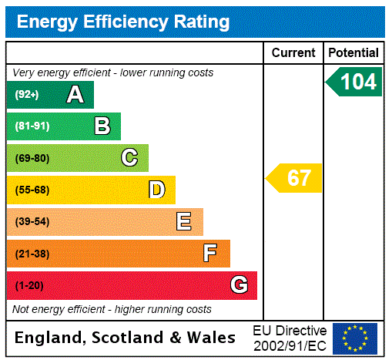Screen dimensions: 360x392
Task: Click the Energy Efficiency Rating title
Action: [x=123, y=22]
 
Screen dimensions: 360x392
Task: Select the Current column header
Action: [x=293, y=53]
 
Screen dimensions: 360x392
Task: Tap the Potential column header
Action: [x=353, y=53]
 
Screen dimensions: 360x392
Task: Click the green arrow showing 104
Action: [x=354, y=82]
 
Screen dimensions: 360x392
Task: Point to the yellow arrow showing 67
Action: [x=295, y=178]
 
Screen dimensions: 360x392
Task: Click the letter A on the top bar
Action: [x=75, y=95]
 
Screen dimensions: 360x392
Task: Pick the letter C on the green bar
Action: [x=129, y=158]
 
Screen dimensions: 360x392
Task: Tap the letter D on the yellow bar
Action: [x=156, y=190]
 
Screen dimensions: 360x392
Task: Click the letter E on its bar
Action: [x=184, y=222]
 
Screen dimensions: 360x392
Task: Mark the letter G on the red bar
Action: [x=239, y=285]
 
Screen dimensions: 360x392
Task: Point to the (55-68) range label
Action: [x=32, y=190]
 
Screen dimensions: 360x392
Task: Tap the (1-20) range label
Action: [x=29, y=285]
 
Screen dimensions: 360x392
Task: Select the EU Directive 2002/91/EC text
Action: [x=290, y=338]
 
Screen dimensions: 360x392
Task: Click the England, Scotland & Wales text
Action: [x=126, y=338]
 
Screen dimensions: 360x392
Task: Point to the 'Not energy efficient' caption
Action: [x=112, y=309]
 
